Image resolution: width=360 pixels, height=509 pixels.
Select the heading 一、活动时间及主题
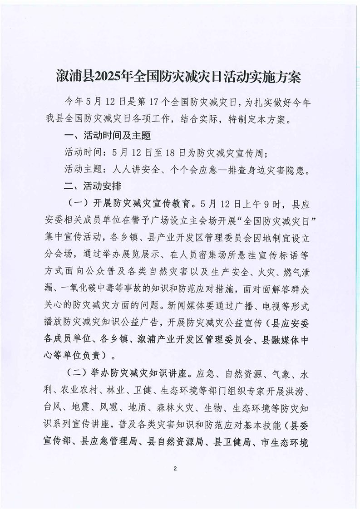pos(108,136)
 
